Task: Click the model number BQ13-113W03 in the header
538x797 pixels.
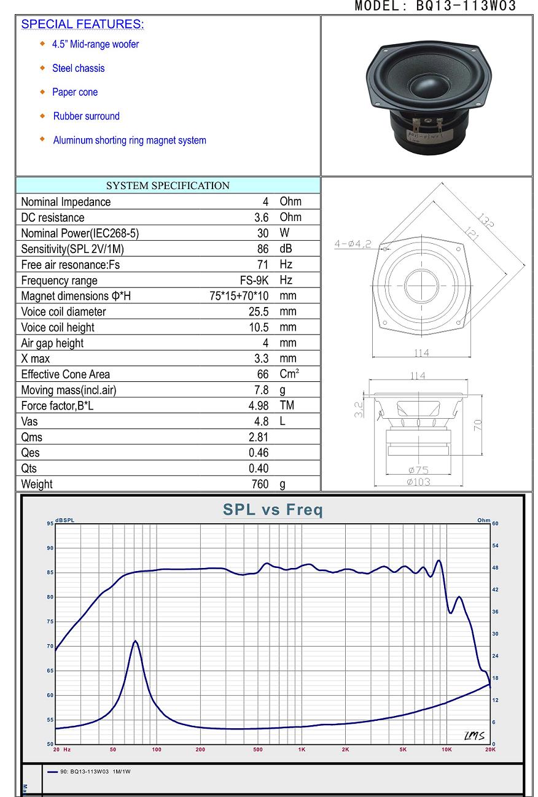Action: pyautogui.click(x=466, y=6)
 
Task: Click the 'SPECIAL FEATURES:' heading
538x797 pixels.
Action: pyautogui.click(x=82, y=24)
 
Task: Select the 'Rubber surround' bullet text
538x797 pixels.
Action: pyautogui.click(x=87, y=116)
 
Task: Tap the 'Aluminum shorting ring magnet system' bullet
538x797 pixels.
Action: pyautogui.click(x=130, y=140)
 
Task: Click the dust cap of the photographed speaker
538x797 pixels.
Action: pyautogui.click(x=428, y=87)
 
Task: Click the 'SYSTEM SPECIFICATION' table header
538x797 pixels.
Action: pyautogui.click(x=168, y=185)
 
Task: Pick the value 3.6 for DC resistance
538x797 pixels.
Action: pyautogui.click(x=261, y=217)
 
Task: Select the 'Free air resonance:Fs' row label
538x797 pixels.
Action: pyautogui.click(x=71, y=265)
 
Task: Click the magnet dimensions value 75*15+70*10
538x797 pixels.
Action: pyautogui.click(x=239, y=296)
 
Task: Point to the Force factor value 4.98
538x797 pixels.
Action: pyautogui.click(x=259, y=406)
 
